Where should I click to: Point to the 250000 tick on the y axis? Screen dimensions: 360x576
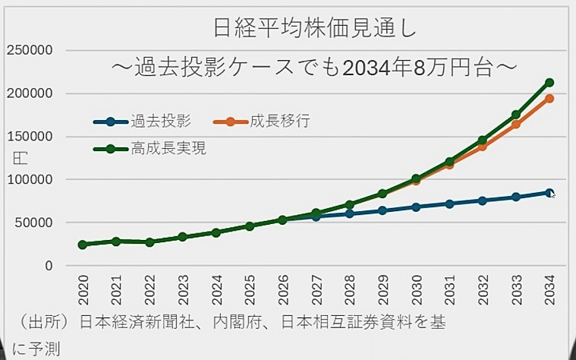29,51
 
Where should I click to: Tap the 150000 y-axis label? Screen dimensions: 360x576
29,137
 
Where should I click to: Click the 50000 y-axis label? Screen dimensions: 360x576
32,223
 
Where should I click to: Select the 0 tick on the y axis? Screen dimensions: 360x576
48,266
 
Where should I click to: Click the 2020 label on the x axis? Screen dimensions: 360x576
83,289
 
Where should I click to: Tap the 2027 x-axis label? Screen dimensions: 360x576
316,289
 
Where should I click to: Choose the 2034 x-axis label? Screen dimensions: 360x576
549,289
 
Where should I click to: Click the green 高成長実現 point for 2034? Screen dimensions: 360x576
549,83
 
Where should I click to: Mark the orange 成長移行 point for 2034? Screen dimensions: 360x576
549,99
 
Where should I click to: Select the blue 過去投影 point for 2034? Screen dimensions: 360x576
549,193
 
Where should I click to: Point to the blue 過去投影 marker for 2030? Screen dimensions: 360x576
416,207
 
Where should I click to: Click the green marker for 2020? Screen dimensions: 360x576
83,245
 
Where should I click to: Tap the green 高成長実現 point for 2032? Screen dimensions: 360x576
483,141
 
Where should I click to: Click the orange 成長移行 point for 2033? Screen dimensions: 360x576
516,125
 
